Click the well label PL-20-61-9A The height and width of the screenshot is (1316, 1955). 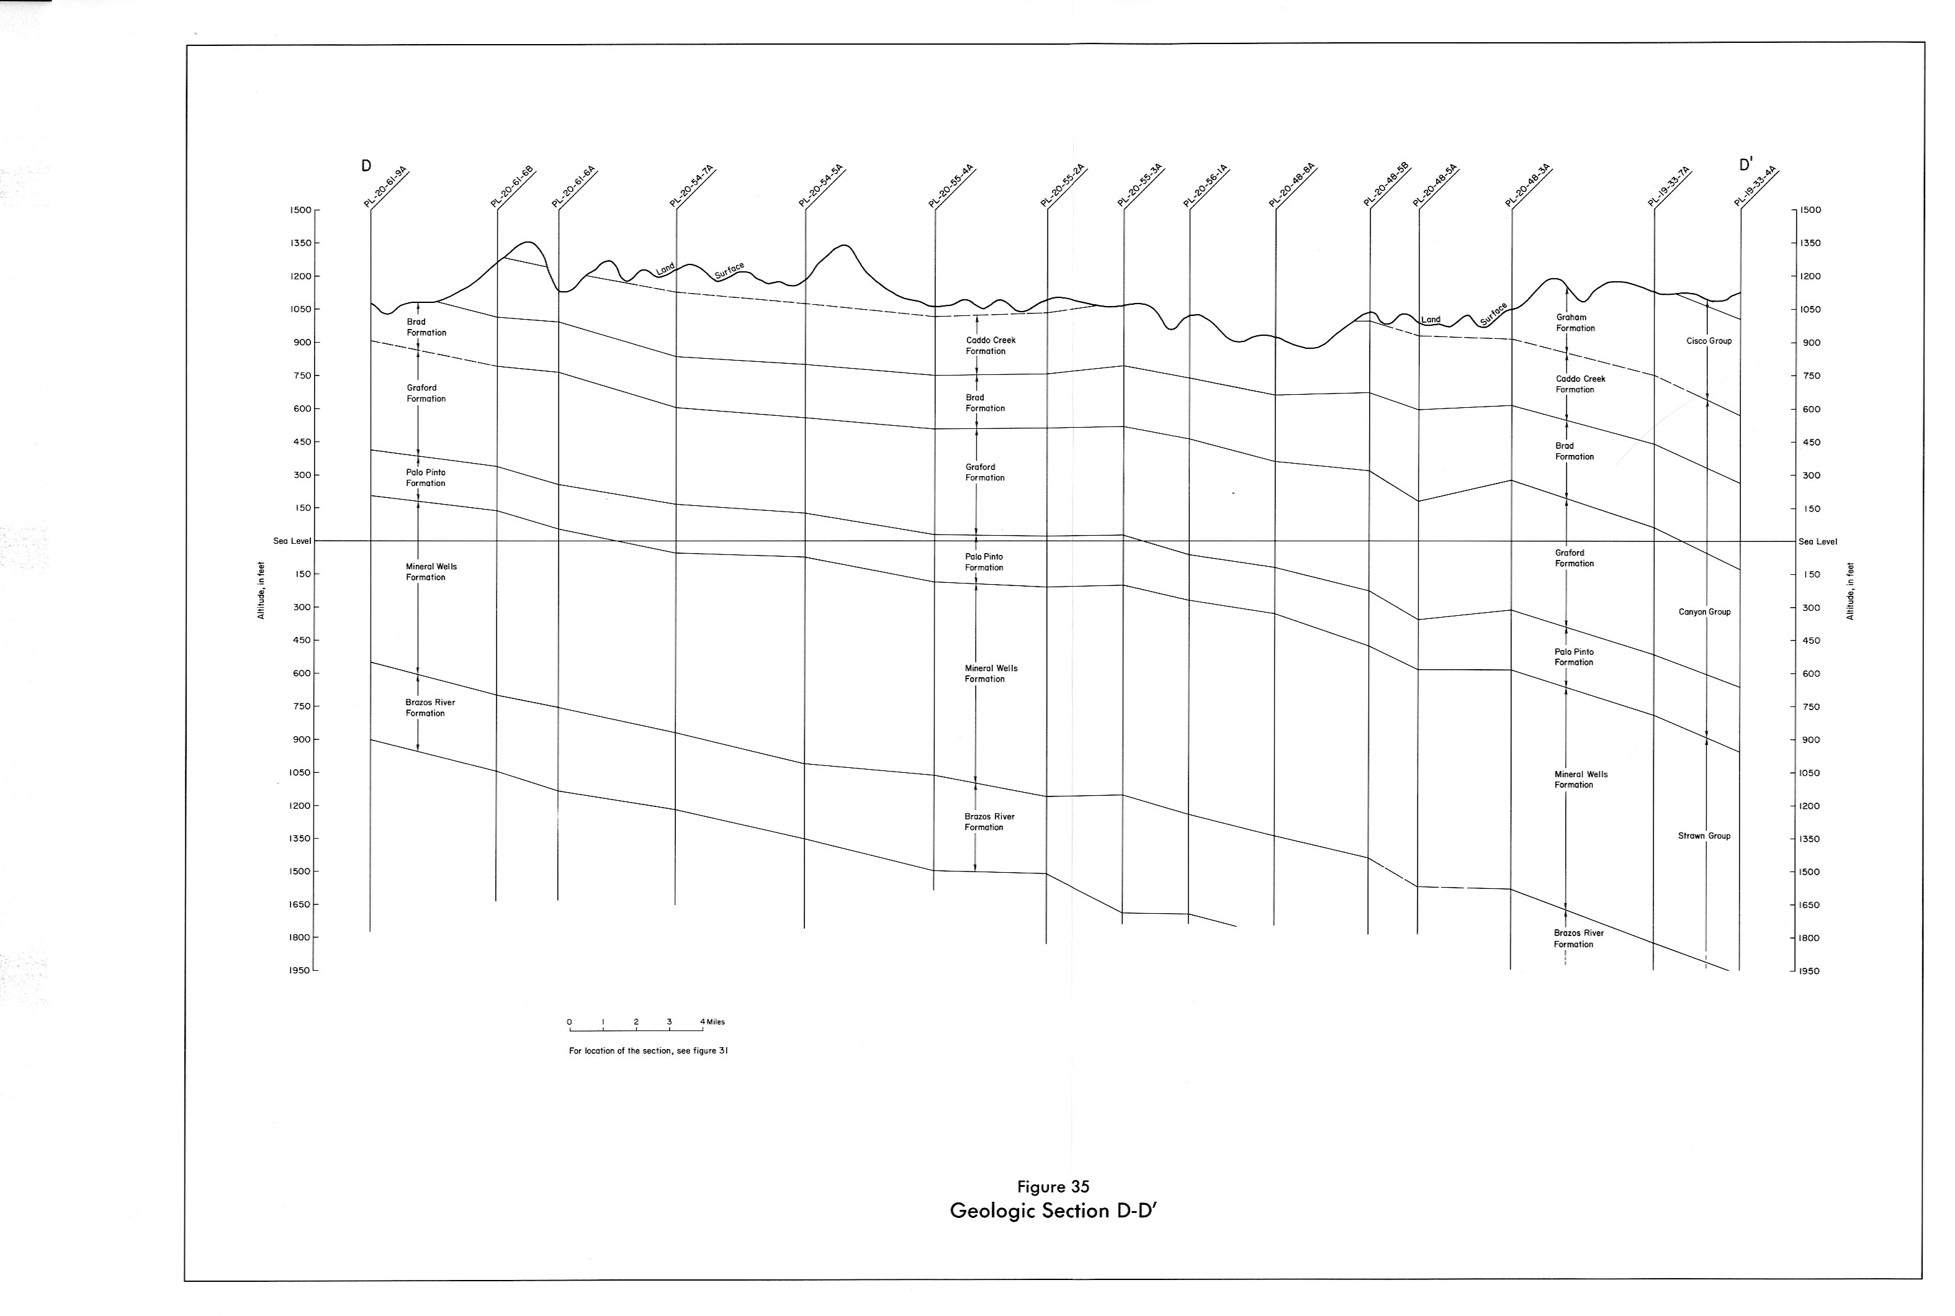click(x=386, y=186)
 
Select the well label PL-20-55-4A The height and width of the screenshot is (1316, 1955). click(x=951, y=186)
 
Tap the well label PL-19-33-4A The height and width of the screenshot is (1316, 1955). click(x=1755, y=186)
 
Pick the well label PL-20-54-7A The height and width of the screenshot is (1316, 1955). click(x=691, y=186)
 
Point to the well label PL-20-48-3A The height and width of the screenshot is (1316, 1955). click(x=1527, y=186)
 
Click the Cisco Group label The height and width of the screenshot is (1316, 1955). click(x=1709, y=341)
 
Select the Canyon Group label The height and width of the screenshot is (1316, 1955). click(x=1704, y=613)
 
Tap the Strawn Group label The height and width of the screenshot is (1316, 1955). click(x=1704, y=836)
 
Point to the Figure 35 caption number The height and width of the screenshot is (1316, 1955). click(x=1053, y=1187)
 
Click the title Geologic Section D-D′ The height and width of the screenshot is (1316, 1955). click(x=1053, y=1211)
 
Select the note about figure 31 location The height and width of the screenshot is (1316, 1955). click(x=649, y=1051)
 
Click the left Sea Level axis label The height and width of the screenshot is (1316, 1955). click(x=292, y=541)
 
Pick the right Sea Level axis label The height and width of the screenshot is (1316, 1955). click(x=1817, y=542)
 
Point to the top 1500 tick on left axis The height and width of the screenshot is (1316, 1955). click(x=300, y=210)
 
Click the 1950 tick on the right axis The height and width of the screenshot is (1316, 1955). click(x=1810, y=971)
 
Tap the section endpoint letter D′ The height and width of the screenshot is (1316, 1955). click(x=1745, y=164)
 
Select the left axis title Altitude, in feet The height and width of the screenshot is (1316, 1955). click(x=261, y=591)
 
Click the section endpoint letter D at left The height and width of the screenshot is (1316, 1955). click(x=366, y=165)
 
